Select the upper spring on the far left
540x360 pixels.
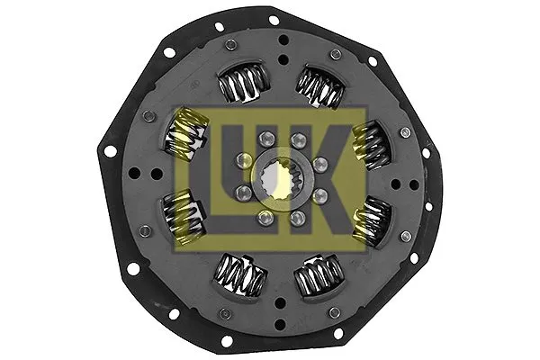click(x=181, y=136)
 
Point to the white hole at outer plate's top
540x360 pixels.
click(x=274, y=19)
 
